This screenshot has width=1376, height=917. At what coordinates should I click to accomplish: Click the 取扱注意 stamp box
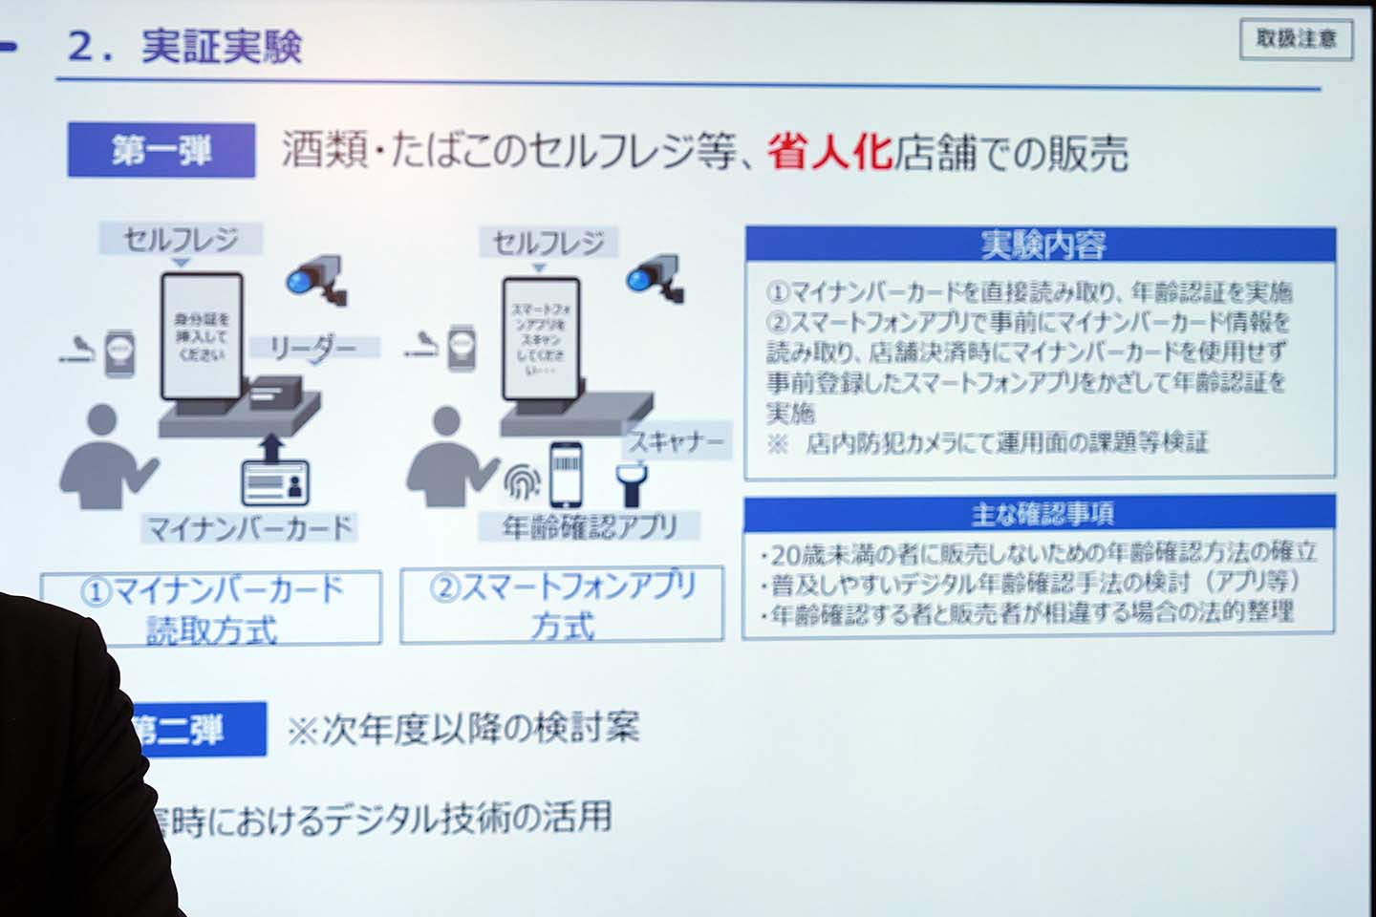point(1296,39)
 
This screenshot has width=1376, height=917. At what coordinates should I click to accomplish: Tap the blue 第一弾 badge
point(161,151)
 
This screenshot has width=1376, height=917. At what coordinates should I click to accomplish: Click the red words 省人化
point(829,152)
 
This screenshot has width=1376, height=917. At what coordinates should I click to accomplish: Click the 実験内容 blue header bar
point(1041,245)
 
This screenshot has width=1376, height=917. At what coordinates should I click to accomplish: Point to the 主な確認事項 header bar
point(1040,514)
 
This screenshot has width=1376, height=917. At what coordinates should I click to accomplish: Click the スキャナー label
point(677,441)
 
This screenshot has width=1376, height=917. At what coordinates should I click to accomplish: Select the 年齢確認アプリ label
point(590,526)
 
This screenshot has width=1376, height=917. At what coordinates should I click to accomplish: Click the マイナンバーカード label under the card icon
point(249,528)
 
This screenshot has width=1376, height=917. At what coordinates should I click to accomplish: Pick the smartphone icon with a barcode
point(566,475)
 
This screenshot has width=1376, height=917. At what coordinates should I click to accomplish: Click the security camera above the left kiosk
point(317,278)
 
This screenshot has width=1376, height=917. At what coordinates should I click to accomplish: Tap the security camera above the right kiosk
point(657,277)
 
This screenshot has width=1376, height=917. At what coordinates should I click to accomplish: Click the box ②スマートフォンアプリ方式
point(562,605)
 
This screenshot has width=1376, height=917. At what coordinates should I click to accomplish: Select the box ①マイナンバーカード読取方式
point(211,608)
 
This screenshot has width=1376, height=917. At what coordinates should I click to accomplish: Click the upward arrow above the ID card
point(273,446)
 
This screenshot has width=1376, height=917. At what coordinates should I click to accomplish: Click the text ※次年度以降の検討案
point(463,729)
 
